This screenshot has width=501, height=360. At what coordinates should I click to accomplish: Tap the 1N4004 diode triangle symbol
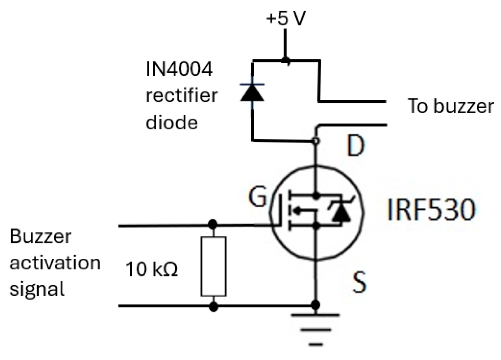pyautogui.click(x=252, y=93)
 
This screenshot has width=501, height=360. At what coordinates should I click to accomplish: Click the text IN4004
pyautogui.click(x=179, y=69)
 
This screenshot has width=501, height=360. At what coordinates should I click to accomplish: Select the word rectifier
pyautogui.click(x=181, y=96)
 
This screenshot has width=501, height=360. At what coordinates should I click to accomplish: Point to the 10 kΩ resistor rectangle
pyautogui.click(x=213, y=266)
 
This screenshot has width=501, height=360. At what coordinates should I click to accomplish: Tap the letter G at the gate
pyautogui.click(x=257, y=198)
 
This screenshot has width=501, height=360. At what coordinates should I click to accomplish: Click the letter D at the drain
pyautogui.click(x=355, y=146)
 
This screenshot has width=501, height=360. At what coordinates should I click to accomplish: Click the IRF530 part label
pyautogui.click(x=431, y=210)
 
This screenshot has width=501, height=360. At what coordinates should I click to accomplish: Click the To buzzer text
pyautogui.click(x=450, y=106)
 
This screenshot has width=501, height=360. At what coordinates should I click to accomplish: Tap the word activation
pyautogui.click(x=55, y=263)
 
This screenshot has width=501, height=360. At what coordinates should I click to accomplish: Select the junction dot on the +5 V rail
pyautogui.click(x=285, y=61)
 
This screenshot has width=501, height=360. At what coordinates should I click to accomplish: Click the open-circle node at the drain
pyautogui.click(x=315, y=141)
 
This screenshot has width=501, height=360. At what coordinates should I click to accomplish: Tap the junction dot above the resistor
pyautogui.click(x=213, y=225)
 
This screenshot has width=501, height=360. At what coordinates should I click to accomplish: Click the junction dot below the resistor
pyautogui.click(x=213, y=306)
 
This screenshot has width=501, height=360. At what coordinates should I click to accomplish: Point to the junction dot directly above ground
pyautogui.click(x=315, y=305)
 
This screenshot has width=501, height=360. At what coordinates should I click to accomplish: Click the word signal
pyautogui.click(x=37, y=289)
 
